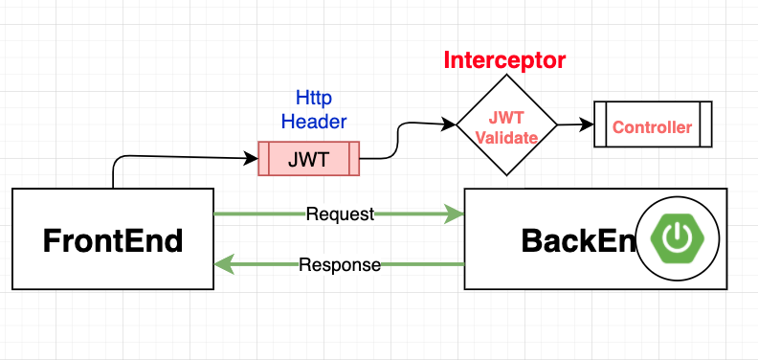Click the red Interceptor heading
(x=504, y=60)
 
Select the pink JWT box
(x=309, y=159)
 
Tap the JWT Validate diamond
(x=506, y=124)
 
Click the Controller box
(x=653, y=124)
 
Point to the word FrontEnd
(x=113, y=240)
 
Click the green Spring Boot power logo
(x=678, y=238)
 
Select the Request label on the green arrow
(x=341, y=214)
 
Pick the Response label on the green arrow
(x=340, y=264)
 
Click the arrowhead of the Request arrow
(x=454, y=214)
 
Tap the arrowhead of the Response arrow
(x=224, y=264)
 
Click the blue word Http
(x=314, y=99)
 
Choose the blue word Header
(x=314, y=121)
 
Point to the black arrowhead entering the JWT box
(x=252, y=158)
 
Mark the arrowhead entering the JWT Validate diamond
(x=449, y=124)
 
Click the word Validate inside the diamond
(x=506, y=139)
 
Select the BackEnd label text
(x=579, y=240)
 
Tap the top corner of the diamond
(x=506, y=75)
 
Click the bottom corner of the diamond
(x=506, y=175)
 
